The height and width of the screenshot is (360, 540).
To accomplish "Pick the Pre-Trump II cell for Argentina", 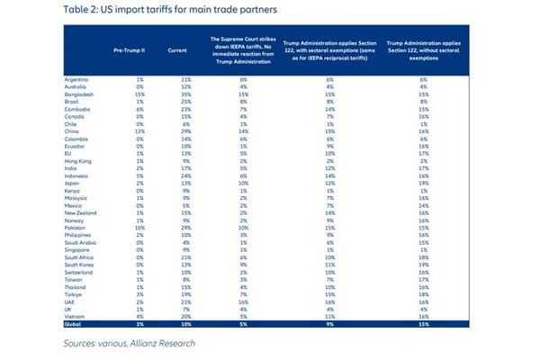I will (128, 79).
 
